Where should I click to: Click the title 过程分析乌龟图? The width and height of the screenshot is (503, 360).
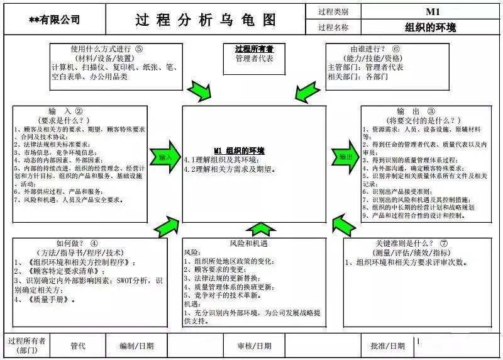[x=206, y=20]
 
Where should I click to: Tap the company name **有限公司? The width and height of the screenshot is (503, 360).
[x=54, y=20]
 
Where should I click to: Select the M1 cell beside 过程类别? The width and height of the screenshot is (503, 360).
[x=432, y=11]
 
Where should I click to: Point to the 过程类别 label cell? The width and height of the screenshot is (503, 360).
[x=333, y=11]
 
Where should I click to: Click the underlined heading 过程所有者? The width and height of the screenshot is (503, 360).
[x=250, y=48]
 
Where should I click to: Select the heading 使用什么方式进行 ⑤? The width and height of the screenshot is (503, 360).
[x=107, y=48]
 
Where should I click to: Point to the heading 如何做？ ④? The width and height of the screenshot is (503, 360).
[x=77, y=243]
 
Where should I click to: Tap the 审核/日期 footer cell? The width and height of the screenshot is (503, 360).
[x=255, y=346]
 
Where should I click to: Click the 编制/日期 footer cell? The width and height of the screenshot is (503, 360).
[x=136, y=346]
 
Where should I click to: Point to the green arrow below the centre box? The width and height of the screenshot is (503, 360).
[x=256, y=229]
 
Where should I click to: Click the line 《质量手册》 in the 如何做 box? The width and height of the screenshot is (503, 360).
[x=44, y=300]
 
